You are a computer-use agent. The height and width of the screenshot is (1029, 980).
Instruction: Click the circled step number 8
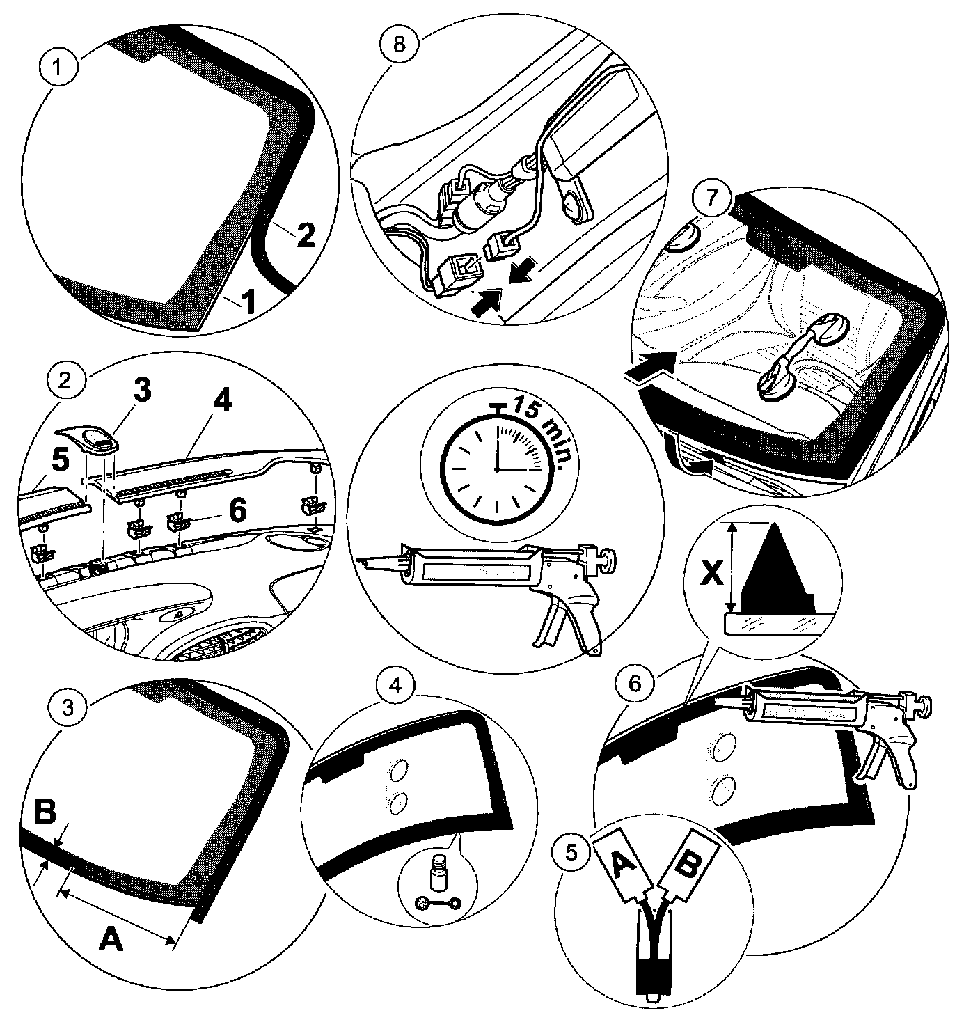(x=397, y=42)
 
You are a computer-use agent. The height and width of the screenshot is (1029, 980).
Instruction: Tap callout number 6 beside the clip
(x=237, y=511)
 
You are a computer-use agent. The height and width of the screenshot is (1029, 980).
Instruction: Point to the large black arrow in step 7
(x=650, y=365)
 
